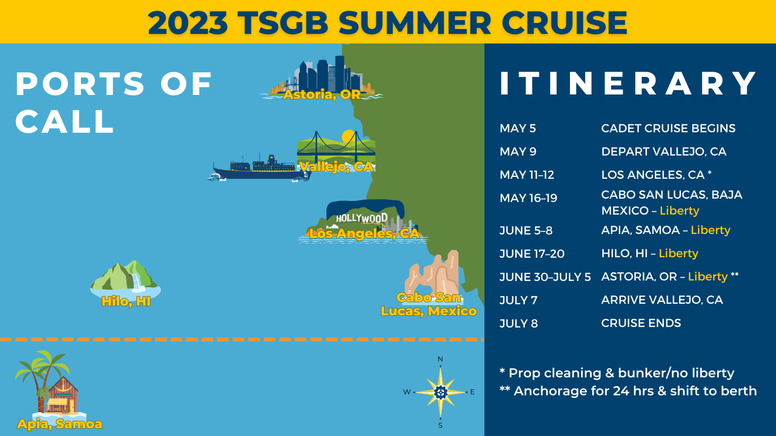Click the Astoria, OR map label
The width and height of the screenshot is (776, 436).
(322, 94)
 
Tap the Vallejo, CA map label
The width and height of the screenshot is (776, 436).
(337, 167)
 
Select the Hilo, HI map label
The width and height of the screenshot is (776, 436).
(126, 301)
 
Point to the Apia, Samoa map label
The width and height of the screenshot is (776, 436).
(60, 424)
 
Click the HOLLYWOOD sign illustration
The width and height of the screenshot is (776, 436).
(362, 218)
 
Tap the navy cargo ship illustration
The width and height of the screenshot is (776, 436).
(260, 168)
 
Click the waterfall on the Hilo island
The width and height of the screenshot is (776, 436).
(138, 282)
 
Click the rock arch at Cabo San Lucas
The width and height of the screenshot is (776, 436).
(434, 273)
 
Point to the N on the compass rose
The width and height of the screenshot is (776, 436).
(440, 359)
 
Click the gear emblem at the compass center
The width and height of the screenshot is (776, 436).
(440, 392)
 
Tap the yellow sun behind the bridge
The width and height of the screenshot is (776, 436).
(348, 136)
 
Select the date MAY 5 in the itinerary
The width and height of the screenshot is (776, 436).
(517, 128)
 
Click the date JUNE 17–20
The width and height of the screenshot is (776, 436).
(532, 254)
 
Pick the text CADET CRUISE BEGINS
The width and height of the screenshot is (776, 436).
(668, 128)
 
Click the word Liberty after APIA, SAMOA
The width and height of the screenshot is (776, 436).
(711, 230)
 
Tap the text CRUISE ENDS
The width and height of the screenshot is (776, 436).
(641, 323)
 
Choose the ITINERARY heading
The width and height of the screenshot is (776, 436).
(628, 83)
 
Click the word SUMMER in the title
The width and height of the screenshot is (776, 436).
(414, 22)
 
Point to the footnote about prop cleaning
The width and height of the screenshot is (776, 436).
(617, 373)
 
